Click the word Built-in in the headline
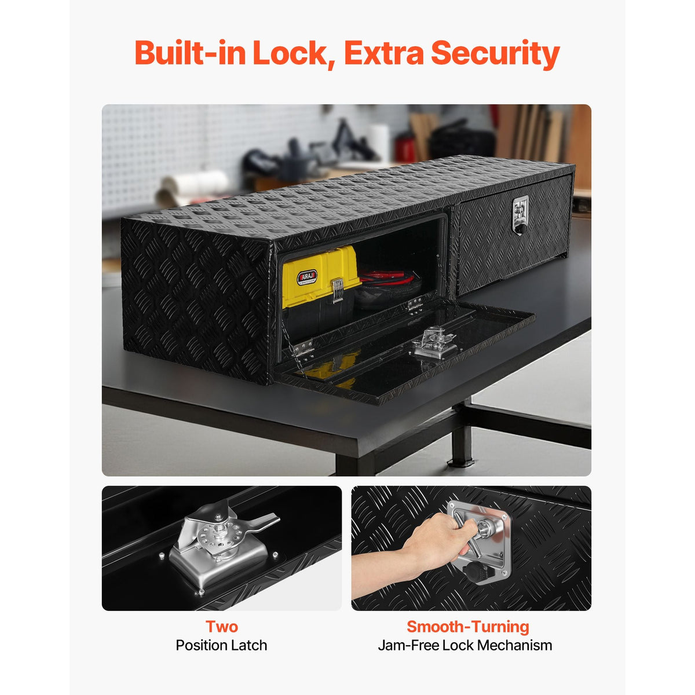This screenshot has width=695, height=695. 191,53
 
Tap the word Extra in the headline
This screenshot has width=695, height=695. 384,53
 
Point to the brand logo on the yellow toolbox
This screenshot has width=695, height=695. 306,277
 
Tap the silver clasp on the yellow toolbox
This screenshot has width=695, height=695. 337,290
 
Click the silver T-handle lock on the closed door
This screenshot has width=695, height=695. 520,215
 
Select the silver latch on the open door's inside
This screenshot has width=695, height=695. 435,343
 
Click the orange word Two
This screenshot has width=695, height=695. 221,627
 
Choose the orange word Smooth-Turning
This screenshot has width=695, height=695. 468,627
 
